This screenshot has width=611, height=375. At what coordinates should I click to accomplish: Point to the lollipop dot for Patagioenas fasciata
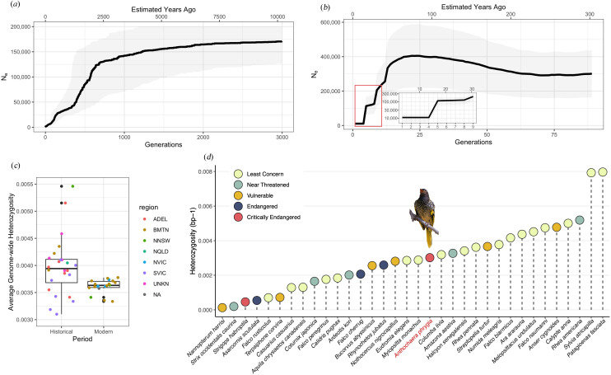pyautogui.click(x=603, y=172)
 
